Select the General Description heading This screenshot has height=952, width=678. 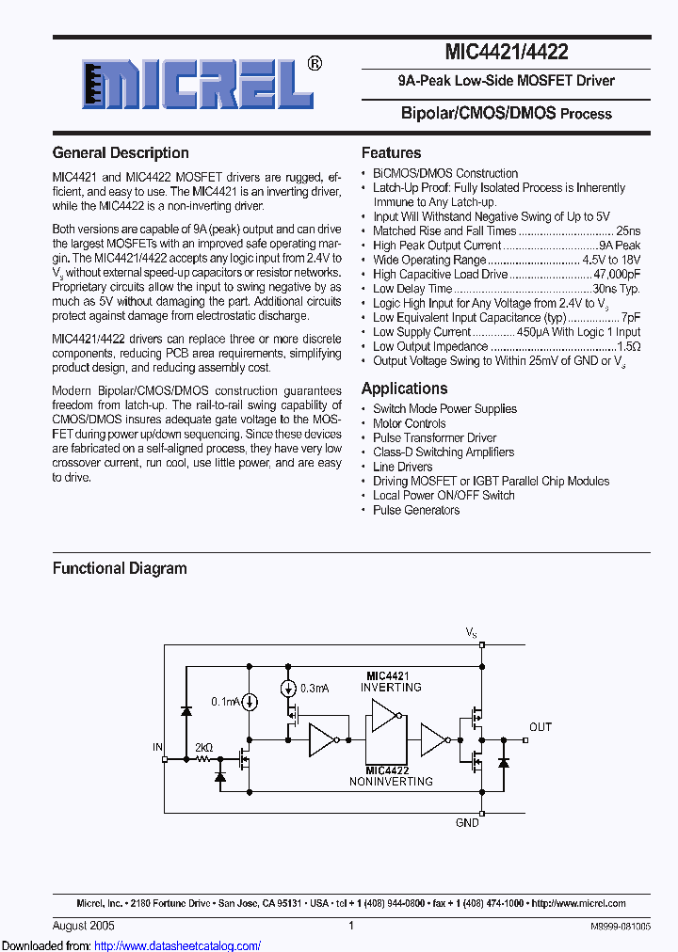(121, 152)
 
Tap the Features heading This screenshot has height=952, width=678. (391, 152)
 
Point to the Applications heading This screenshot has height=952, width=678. (404, 389)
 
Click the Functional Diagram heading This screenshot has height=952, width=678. (120, 568)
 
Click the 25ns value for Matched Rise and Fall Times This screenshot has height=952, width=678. (627, 230)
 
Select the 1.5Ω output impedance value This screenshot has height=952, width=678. (628, 346)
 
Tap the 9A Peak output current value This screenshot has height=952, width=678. (620, 246)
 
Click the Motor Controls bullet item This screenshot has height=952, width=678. (409, 423)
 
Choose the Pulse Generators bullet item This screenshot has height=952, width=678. (416, 510)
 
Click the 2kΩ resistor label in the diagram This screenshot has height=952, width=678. (203, 748)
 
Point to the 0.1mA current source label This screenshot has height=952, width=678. (226, 702)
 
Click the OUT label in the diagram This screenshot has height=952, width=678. (541, 727)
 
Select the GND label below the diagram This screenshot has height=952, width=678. (467, 822)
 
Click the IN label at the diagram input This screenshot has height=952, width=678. (157, 747)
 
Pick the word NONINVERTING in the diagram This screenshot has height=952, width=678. (391, 781)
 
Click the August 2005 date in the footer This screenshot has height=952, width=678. (84, 926)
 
